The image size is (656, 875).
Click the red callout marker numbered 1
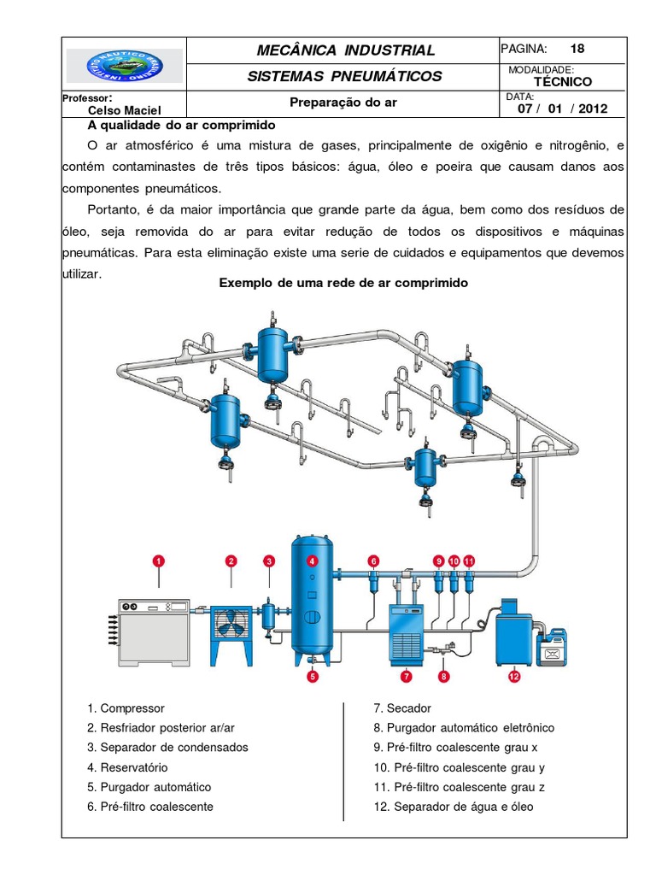coord(158,561)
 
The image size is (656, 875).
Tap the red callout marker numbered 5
coord(313,676)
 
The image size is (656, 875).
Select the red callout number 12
coord(514,676)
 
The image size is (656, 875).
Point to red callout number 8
coord(443,676)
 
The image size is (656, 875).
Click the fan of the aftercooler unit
coord(231,624)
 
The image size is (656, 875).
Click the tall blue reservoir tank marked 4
coord(313,598)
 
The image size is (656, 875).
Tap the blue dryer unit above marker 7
coord(409,631)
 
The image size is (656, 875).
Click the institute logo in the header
coord(125,66)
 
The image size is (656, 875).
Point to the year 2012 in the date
coord(593,109)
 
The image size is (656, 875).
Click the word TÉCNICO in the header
coord(562,82)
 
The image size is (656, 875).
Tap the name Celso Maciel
coord(125,109)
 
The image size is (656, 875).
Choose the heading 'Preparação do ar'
coord(343,103)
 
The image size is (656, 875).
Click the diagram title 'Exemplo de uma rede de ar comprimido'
coord(343,283)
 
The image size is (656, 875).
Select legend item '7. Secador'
coord(402,708)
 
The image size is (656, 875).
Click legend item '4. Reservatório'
coord(127,767)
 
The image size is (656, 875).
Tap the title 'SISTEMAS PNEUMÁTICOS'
coord(344,76)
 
